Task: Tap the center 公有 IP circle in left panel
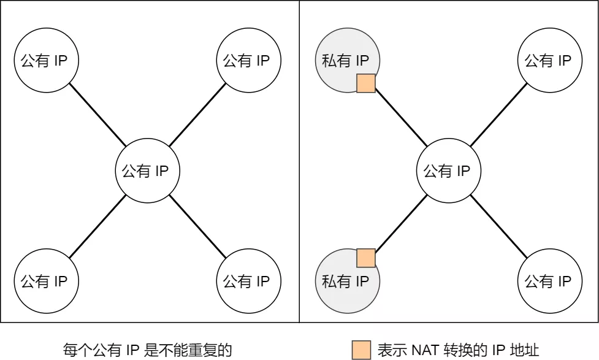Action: [147, 171]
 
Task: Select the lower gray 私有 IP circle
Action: [345, 282]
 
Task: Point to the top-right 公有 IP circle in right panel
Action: [549, 61]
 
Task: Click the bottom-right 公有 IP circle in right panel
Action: [549, 281]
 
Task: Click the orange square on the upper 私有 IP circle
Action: [366, 83]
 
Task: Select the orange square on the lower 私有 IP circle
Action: [366, 258]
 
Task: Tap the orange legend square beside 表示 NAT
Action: [361, 350]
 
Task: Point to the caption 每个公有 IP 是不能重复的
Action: [148, 350]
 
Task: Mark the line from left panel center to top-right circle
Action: [198, 115]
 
